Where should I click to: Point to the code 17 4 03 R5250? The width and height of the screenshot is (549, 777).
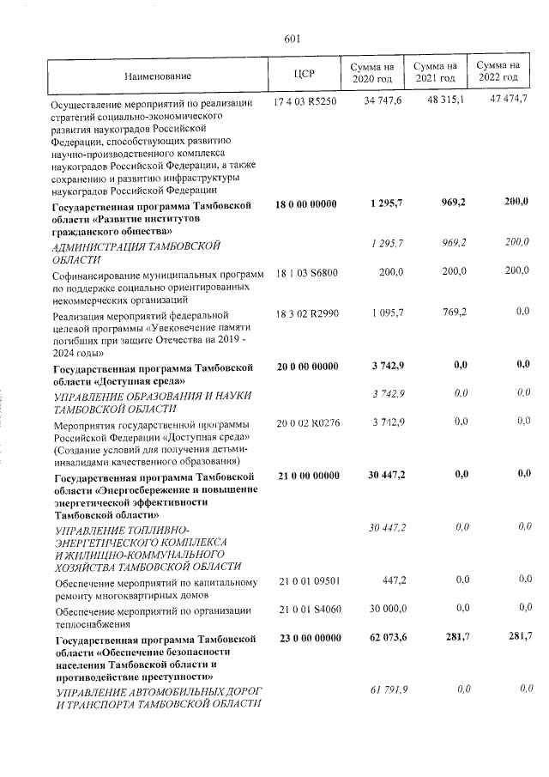(305, 101)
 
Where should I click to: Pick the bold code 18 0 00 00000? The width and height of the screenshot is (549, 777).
(305, 204)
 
